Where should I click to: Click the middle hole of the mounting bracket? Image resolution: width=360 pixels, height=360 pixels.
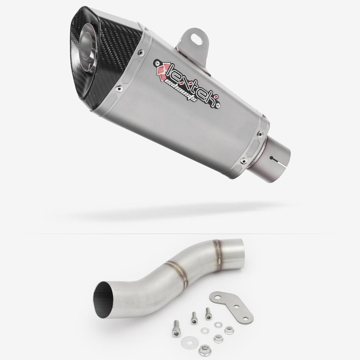pyautogui.click(x=236, y=306)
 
